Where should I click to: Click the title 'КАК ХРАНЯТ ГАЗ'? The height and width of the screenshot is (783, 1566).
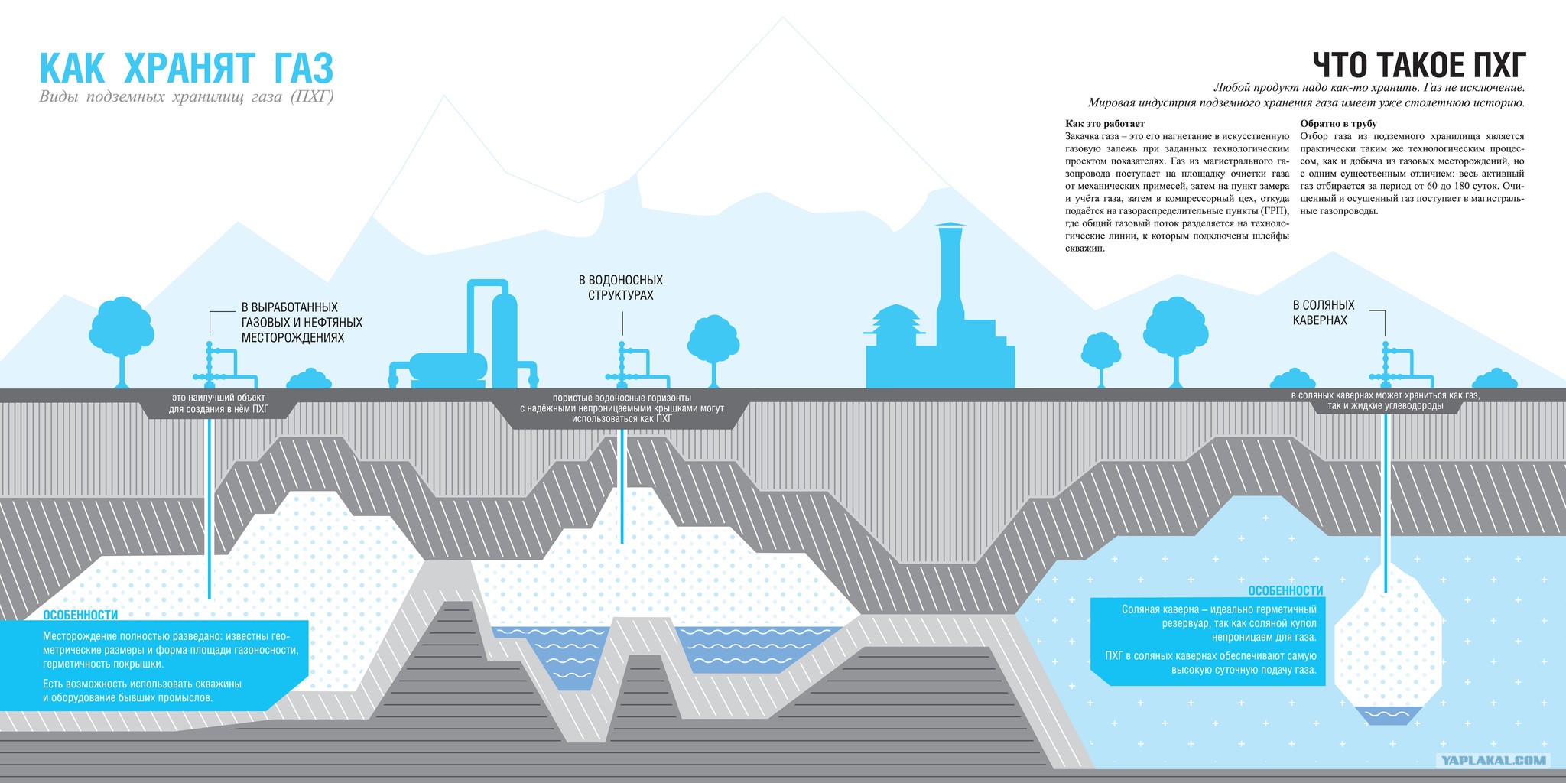[x=187, y=68]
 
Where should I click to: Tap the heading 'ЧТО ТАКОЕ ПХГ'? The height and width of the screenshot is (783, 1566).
[x=1419, y=66]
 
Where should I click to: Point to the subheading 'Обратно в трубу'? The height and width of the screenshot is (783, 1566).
[x=1338, y=124]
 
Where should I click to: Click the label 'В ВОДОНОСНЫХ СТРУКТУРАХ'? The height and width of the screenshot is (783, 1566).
[x=620, y=288]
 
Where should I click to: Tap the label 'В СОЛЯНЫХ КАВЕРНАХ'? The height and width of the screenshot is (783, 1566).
[x=1324, y=312]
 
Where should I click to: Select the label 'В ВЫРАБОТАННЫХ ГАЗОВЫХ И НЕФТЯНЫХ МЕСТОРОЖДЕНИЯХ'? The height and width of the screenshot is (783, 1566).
[x=301, y=322]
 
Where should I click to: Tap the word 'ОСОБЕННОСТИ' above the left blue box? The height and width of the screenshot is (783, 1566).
[x=80, y=615]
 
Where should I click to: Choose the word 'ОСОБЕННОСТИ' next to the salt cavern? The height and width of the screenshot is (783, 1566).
[x=1285, y=591]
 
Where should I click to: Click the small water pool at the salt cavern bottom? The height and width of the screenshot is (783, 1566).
[x=1388, y=716]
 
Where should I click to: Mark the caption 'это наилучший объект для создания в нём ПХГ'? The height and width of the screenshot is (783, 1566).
[x=218, y=403]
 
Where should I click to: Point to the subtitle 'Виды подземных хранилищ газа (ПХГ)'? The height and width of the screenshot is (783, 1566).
[x=187, y=97]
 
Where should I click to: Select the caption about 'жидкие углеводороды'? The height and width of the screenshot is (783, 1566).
[x=1386, y=401]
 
